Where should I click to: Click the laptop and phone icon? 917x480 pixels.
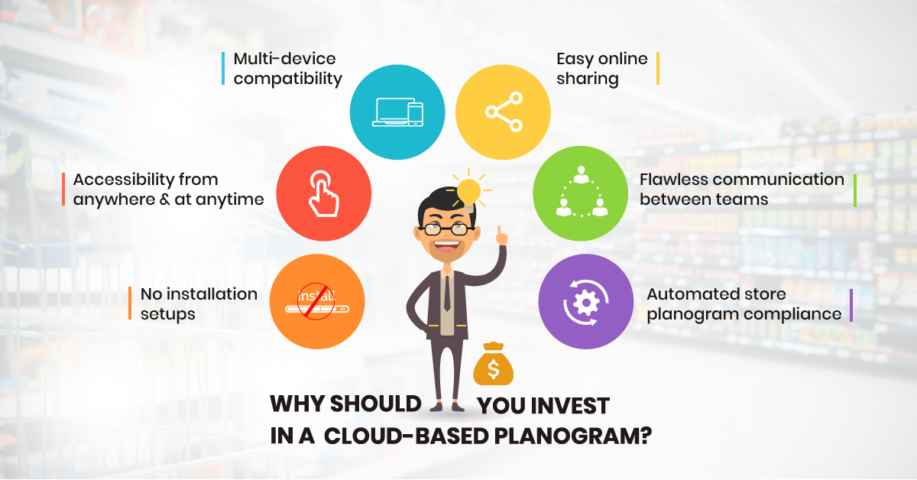click(x=397, y=112)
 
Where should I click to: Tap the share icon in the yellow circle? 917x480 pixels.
click(x=504, y=112)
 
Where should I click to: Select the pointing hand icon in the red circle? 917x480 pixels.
click(x=323, y=193)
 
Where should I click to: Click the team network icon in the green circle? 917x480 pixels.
click(x=582, y=192)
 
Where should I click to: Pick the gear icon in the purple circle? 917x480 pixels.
click(x=586, y=303)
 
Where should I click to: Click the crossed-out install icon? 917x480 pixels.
click(x=316, y=301)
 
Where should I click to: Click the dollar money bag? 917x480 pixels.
click(x=494, y=364)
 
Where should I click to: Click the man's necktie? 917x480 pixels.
click(x=447, y=294)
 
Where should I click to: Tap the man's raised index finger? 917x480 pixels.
click(x=500, y=233)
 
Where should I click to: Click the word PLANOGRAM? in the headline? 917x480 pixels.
click(x=572, y=436)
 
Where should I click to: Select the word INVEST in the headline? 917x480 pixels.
click(x=572, y=407)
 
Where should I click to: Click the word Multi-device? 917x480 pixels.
click(x=284, y=59)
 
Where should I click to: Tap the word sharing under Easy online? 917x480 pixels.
click(x=588, y=79)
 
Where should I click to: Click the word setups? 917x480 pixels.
click(x=168, y=315)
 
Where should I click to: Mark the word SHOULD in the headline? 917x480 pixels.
click(x=375, y=404)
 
